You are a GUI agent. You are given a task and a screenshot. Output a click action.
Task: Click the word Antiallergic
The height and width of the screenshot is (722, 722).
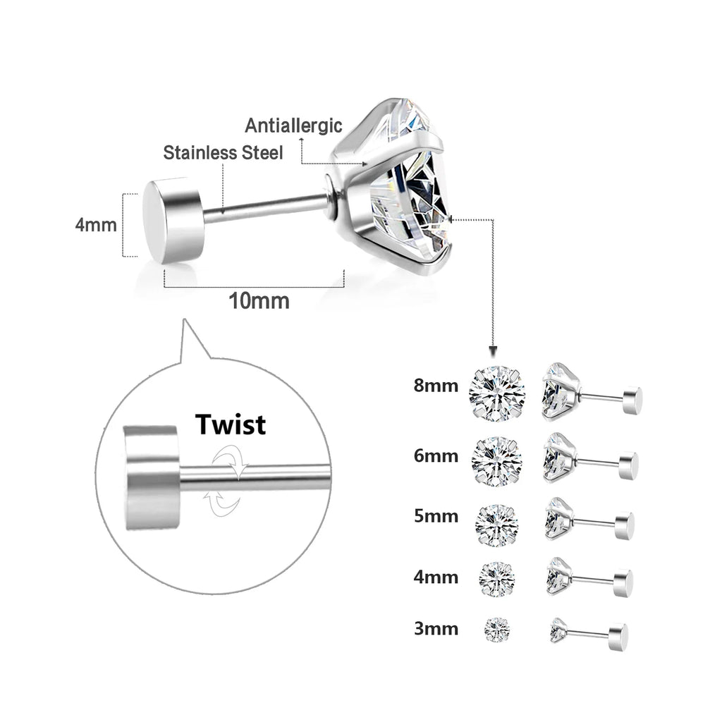tap(293, 126)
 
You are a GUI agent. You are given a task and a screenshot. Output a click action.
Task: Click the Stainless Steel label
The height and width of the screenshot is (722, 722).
tap(223, 152)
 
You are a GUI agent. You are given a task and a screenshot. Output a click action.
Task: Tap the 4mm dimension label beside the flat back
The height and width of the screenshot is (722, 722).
tap(96, 226)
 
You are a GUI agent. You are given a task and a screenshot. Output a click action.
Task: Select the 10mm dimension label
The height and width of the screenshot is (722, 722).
tap(259, 301)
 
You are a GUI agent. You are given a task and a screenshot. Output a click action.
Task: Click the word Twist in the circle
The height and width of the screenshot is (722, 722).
tap(231, 424)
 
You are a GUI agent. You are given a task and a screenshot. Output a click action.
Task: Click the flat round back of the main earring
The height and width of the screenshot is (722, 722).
tap(173, 220)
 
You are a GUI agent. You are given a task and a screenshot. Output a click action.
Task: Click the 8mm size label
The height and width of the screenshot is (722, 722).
tap(436, 386)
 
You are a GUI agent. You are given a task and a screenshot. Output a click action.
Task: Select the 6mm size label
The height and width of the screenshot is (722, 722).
tap(436, 455)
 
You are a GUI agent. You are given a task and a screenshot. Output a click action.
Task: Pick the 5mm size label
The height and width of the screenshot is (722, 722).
tap(436, 517)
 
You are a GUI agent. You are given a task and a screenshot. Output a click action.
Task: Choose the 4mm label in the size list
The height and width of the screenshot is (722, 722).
tap(436, 577)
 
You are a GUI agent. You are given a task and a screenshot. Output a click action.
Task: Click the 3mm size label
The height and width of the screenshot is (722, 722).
tap(436, 628)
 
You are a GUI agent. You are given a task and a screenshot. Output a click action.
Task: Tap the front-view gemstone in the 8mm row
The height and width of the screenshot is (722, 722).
tap(497, 393)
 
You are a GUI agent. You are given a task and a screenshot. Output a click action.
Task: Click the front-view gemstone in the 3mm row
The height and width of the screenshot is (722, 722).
tap(497, 629)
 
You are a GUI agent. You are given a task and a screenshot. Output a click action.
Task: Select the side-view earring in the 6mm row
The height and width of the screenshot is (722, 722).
tap(589, 458)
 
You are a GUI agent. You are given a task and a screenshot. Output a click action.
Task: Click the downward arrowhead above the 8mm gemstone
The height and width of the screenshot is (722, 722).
tap(493, 351)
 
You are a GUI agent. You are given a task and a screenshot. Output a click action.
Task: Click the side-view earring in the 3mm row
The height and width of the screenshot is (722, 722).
tap(589, 632)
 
